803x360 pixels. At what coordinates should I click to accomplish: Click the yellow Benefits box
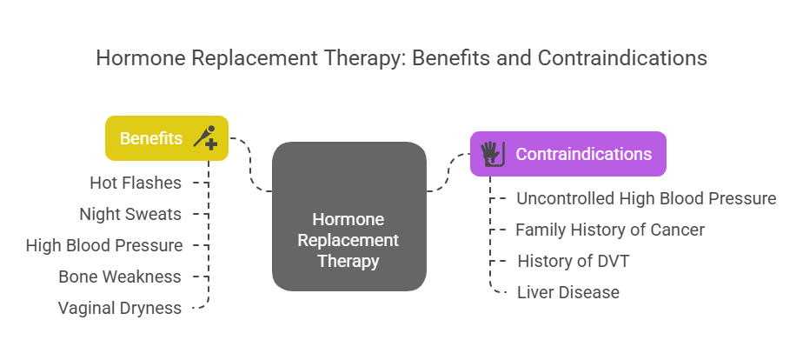click(166, 138)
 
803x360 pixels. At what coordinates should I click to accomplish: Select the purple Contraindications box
click(567, 154)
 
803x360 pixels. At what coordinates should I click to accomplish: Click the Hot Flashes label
click(136, 183)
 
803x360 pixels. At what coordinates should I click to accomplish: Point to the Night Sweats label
click(130, 214)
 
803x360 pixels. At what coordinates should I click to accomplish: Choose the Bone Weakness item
click(120, 277)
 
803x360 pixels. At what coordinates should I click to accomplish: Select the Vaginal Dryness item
click(120, 308)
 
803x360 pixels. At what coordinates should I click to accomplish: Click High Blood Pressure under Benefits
click(104, 245)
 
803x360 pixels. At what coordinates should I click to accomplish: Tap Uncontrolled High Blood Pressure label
click(646, 198)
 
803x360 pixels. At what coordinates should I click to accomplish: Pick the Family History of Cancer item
click(610, 230)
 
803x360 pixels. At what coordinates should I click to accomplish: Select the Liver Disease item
click(568, 292)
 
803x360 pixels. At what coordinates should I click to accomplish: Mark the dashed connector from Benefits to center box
click(249, 165)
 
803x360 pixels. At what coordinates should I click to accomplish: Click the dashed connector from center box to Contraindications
click(447, 174)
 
